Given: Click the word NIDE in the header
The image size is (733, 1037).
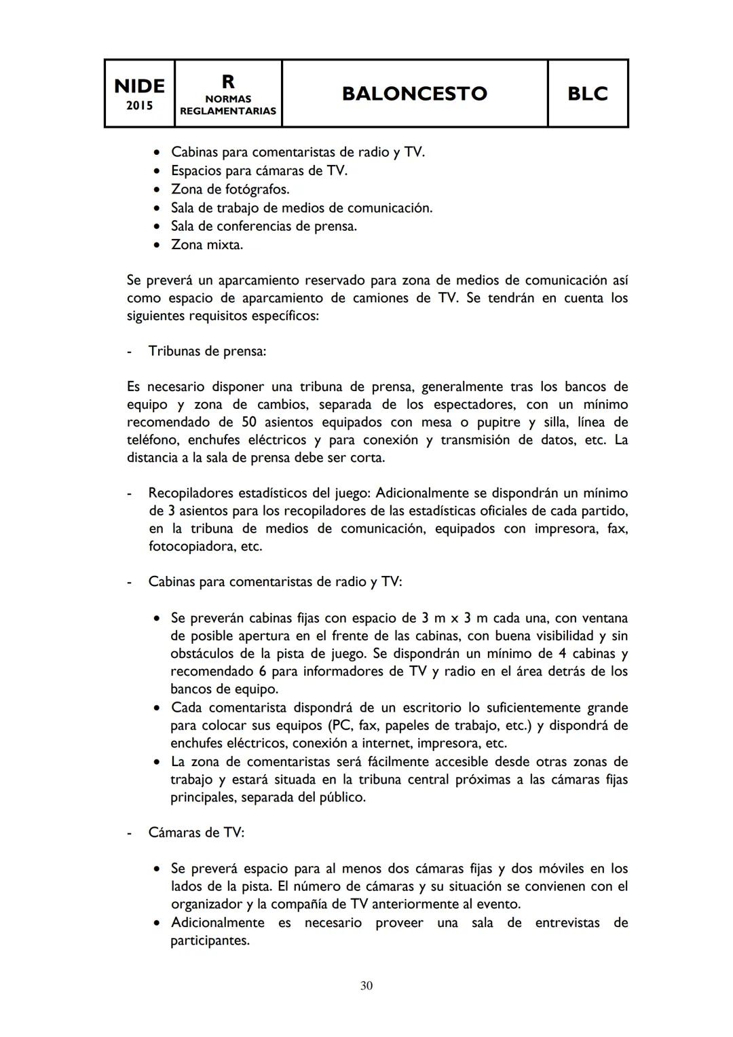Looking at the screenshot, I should click(x=139, y=86).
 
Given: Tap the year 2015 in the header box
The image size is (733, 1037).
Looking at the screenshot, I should click(x=139, y=106).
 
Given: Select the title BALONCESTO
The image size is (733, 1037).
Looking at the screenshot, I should click(x=414, y=94).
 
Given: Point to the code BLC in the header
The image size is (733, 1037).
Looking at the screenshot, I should click(x=587, y=94).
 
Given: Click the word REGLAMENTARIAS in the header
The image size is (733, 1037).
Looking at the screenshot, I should click(x=228, y=111).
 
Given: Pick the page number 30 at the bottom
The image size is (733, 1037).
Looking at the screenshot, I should click(x=366, y=985).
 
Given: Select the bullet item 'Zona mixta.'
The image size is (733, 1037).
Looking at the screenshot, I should click(x=207, y=244).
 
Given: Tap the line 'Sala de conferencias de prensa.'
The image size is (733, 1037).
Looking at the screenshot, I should click(x=263, y=226).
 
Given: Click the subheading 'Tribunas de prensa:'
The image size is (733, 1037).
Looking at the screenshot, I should click(x=207, y=351).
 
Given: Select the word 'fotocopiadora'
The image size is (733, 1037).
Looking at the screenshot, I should click(x=191, y=546).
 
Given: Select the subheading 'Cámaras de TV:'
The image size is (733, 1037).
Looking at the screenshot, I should click(x=196, y=833).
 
